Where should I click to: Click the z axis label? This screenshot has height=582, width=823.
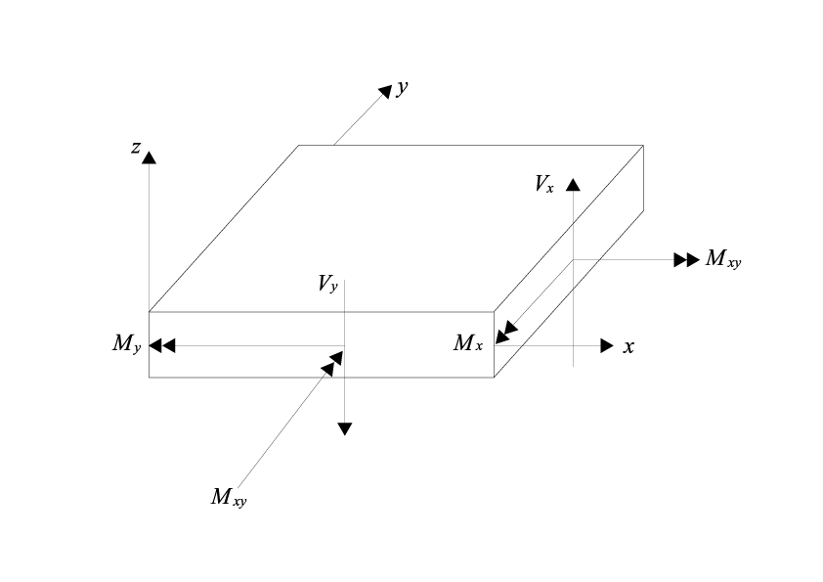pos(137,148)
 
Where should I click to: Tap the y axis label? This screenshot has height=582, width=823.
pos(402,88)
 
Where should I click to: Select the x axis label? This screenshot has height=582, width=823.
pos(629,346)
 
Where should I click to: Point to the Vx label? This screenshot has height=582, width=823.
pos(544,183)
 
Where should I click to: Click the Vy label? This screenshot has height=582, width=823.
pos(327,284)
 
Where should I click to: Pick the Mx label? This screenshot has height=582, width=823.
pos(467,342)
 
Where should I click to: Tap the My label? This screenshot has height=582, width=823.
pos(127,343)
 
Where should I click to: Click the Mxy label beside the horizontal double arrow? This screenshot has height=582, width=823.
pos(724,259)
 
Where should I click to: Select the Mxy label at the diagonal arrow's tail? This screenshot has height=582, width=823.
pos(230,496)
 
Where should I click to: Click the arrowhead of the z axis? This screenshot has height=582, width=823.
pos(149,156)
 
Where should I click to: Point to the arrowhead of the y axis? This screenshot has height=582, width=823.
pos(384,91)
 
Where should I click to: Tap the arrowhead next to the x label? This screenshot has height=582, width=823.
pos(607,346)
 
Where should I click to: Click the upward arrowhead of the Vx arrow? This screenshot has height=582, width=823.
pos(573,183)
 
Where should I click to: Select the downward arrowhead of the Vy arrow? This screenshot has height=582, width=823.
pos(344,427)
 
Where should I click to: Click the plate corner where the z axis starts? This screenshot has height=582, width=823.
pos(149,312)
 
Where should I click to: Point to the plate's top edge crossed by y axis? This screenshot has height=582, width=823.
pos(333,145)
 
